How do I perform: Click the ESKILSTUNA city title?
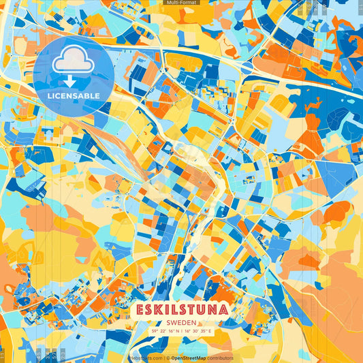[x=181, y=309]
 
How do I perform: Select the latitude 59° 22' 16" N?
[x=163, y=331]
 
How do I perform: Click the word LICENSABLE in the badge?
[x=73, y=95]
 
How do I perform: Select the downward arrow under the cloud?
[x=73, y=80]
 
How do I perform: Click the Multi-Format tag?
[x=181, y=3]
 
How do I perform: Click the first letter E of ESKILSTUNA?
[x=140, y=309]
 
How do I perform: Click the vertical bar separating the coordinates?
[x=180, y=331]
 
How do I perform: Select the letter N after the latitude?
[x=176, y=331]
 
